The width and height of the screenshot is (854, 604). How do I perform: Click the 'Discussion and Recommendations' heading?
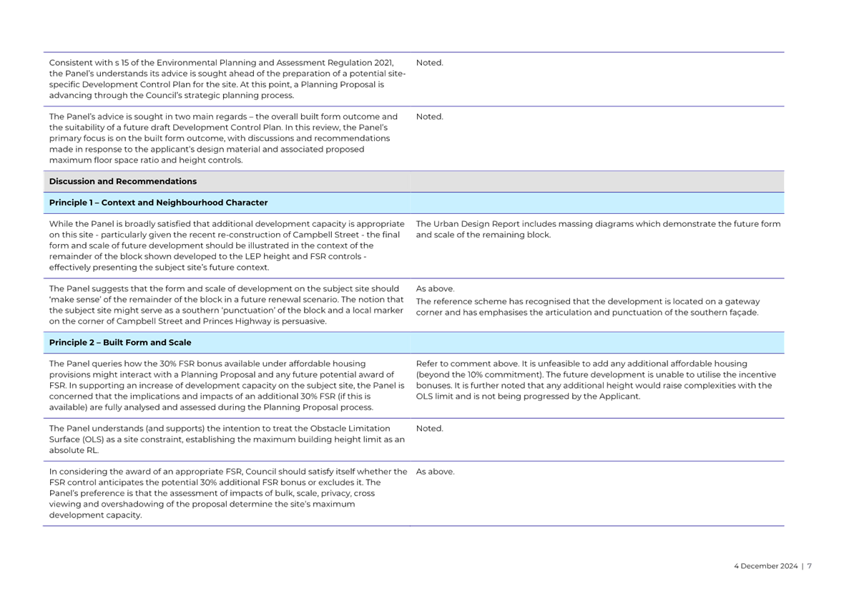pyautogui.click(x=122, y=182)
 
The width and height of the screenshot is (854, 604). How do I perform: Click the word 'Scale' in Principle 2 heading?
pyautogui.click(x=178, y=343)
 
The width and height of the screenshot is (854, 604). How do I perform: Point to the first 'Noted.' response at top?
pyautogui.click(x=429, y=64)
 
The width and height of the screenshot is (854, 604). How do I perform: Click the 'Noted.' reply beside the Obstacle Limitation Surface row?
pyautogui.click(x=429, y=429)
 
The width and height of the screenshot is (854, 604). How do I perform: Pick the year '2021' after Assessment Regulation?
pyautogui.click(x=383, y=64)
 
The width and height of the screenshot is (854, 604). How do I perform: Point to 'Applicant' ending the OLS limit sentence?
pyautogui.click(x=622, y=397)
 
